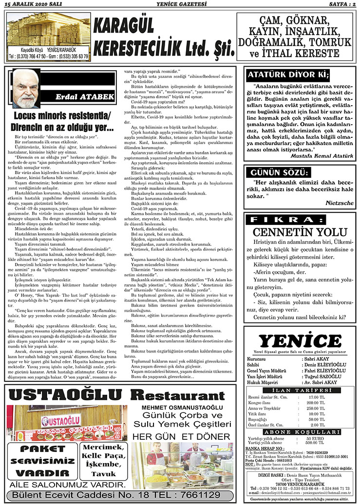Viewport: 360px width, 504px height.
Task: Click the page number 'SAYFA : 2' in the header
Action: click(x=340, y=4)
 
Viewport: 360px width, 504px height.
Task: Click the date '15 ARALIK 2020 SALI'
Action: click(x=30, y=4)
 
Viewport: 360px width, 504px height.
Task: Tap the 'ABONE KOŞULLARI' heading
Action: click(x=300, y=431)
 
